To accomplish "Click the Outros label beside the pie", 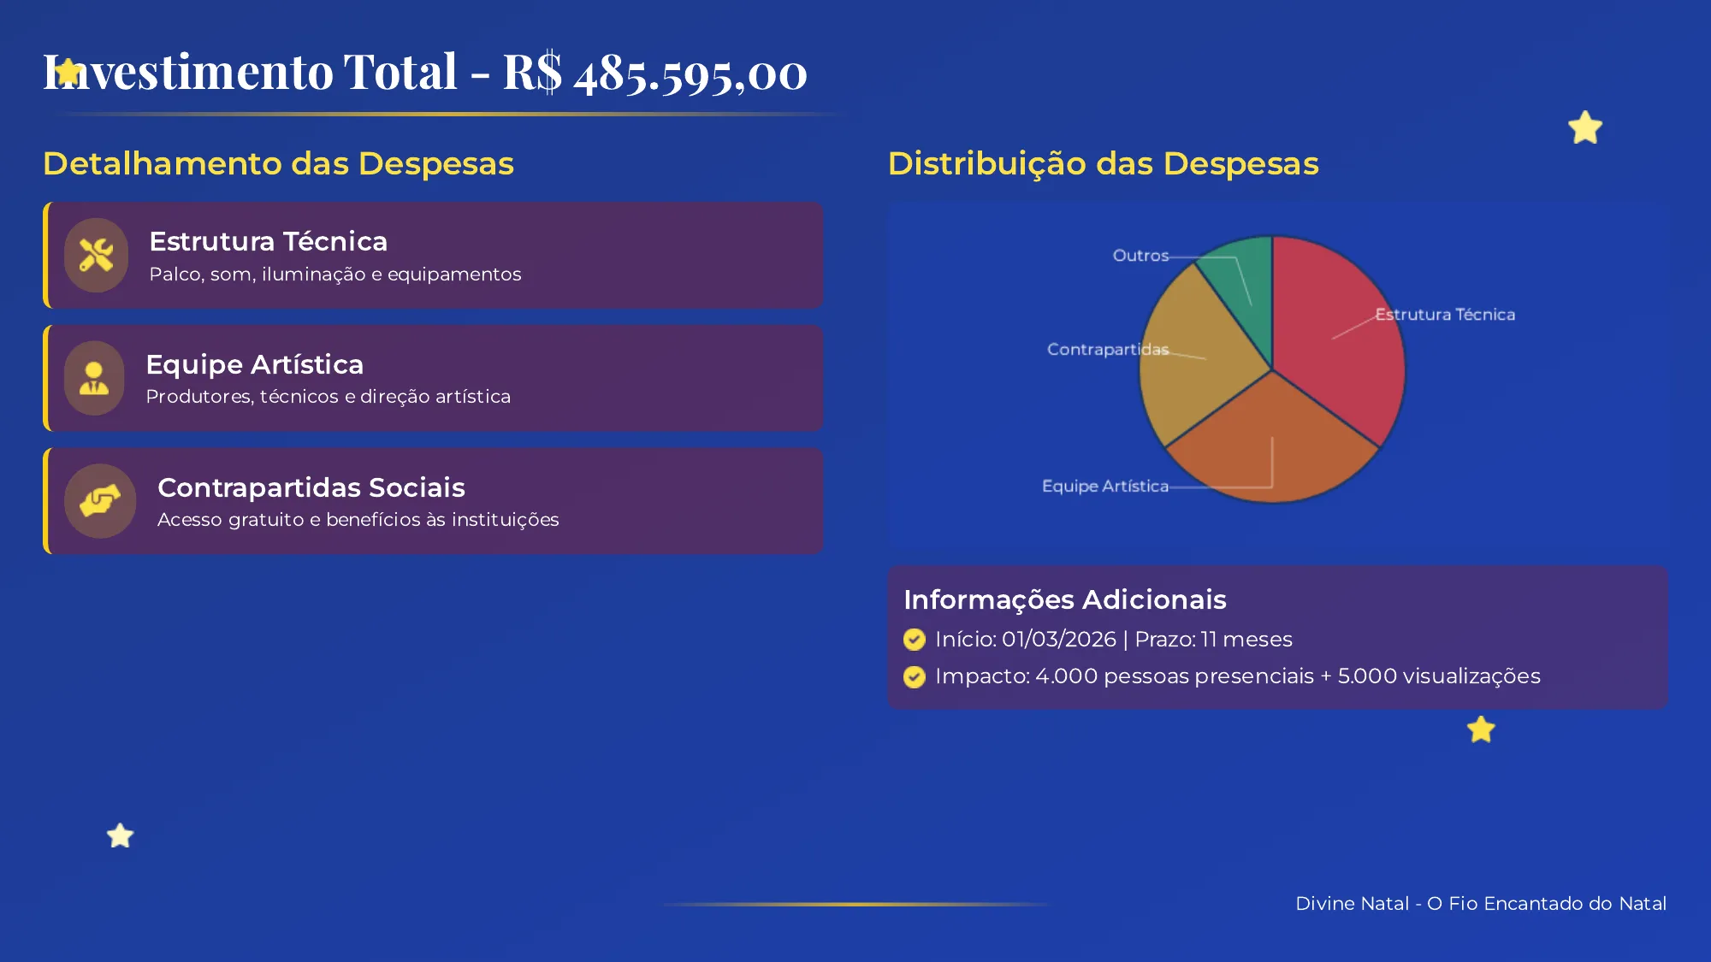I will coord(1140,256).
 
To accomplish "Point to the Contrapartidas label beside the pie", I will coord(1107,350).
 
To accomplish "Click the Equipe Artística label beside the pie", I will coord(1104,487).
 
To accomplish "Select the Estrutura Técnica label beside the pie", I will coord(1445,315).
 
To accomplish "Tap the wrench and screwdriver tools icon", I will coord(96,255).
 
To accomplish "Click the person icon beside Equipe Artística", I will coord(94,378).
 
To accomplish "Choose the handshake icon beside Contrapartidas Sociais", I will coord(99,501).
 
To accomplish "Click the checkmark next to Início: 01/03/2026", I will coord(915,640).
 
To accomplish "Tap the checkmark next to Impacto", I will coord(915,677).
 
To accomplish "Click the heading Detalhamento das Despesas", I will coord(278,163).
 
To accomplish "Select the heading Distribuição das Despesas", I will coord(1103,163).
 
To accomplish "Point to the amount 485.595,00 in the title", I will coord(690,74).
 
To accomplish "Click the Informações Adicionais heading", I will coord(1064,599).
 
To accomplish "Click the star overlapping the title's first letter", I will coord(68,73).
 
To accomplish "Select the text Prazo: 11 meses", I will coord(1213,640).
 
